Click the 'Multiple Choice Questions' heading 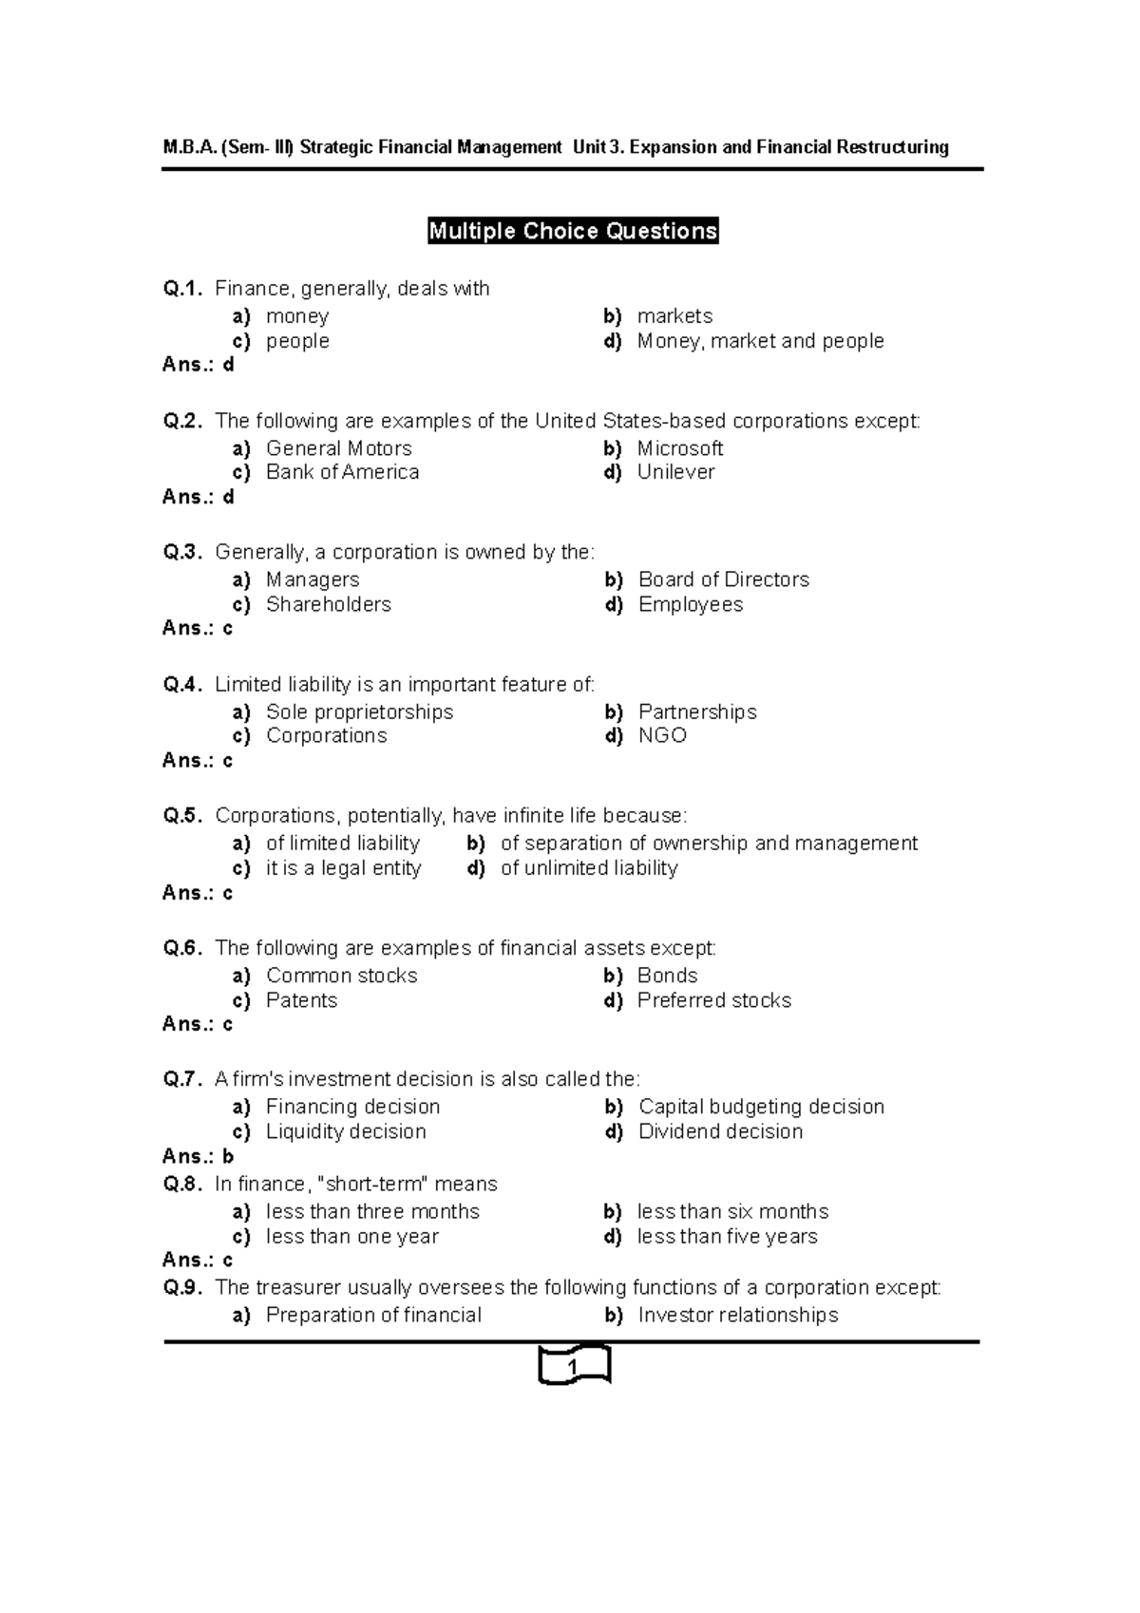[x=573, y=231]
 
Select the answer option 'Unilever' [x=675, y=472]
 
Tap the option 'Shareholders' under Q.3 [x=328, y=604]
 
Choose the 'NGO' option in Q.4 [x=662, y=735]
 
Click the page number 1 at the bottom [x=573, y=1367]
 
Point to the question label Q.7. [x=182, y=1079]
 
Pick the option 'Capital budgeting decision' [x=761, y=1107]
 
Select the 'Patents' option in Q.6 [x=301, y=1000]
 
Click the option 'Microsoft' [x=680, y=448]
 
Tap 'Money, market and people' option [x=760, y=341]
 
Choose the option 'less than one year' [x=351, y=1237]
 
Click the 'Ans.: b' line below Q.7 [x=198, y=1156]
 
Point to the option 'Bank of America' [x=342, y=472]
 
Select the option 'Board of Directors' [x=723, y=579]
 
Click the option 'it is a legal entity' [x=343, y=868]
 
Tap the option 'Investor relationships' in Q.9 [x=738, y=1315]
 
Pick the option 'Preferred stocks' [x=713, y=1000]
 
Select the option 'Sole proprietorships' [x=359, y=712]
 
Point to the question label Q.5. [x=182, y=816]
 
